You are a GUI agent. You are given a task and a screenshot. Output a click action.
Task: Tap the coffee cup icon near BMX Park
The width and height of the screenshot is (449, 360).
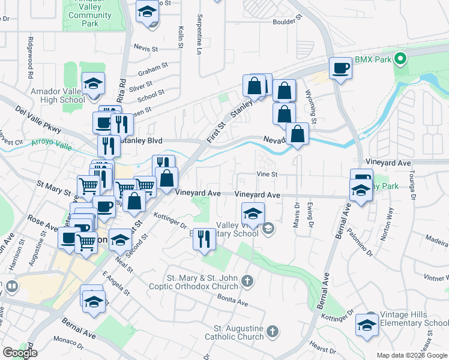tap(341, 68)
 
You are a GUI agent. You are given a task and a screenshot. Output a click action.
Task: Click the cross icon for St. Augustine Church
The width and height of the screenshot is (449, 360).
tap(273, 331)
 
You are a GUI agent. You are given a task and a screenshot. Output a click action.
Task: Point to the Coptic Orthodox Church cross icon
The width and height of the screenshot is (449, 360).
tap(247, 281)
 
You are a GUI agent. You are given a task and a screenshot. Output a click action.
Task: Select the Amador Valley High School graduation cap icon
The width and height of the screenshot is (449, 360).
tap(93, 84)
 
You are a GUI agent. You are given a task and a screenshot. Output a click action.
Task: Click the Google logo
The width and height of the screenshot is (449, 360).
tap(20, 353)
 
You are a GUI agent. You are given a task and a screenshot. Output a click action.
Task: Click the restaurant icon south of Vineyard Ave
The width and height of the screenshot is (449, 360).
tap(204, 239)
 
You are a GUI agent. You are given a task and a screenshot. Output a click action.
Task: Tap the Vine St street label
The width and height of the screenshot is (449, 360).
tap(266, 175)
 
